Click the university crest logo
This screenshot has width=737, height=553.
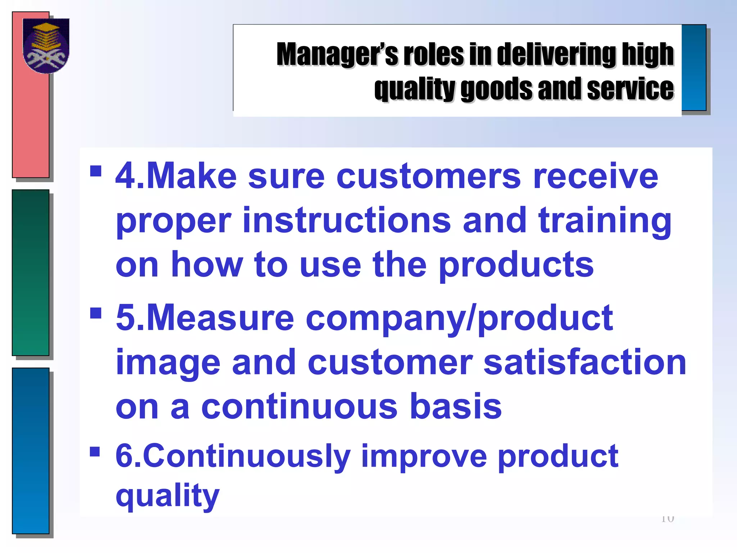pyautogui.click(x=46, y=45)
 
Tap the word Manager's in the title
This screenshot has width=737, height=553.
pyautogui.click(x=337, y=54)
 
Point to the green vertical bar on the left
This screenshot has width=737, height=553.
pyautogui.click(x=31, y=273)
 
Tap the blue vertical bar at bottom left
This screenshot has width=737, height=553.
pyautogui.click(x=31, y=450)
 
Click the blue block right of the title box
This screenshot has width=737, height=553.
pyautogui.click(x=693, y=68)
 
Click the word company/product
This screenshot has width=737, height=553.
pyautogui.click(x=459, y=318)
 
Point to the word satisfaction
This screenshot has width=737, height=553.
pyautogui.click(x=585, y=363)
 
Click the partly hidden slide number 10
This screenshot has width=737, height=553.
pyautogui.click(x=667, y=519)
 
